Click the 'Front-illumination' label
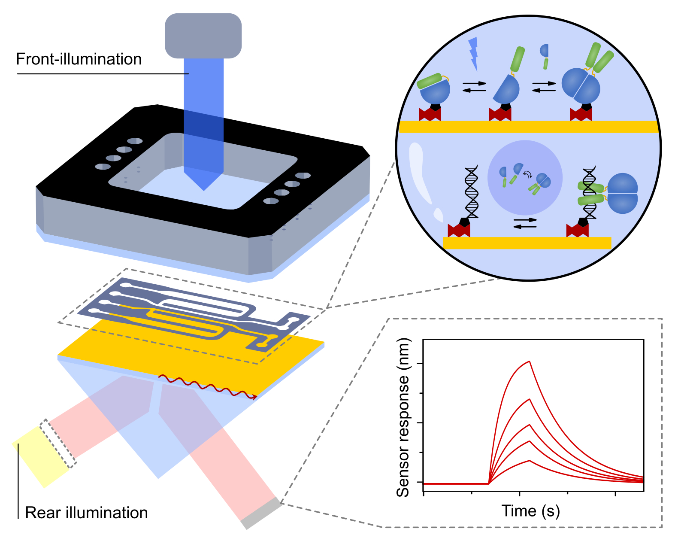pyautogui.click(x=79, y=59)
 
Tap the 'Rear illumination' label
pyautogui.click(x=86, y=513)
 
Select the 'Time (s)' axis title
pyautogui.click(x=530, y=511)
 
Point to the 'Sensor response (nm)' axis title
pyautogui.click(x=403, y=417)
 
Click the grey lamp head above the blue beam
pyautogui.click(x=203, y=36)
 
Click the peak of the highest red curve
pyautogui.click(x=530, y=362)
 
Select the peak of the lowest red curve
pyautogui.click(x=530, y=461)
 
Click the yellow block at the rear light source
pyautogui.click(x=40, y=457)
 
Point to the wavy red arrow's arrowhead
pyautogui.click(x=255, y=397)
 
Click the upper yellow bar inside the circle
pyautogui.click(x=528, y=127)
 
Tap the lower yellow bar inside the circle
pyautogui.click(x=527, y=243)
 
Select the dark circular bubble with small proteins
pyautogui.click(x=525, y=178)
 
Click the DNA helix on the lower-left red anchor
pyautogui.click(x=471, y=192)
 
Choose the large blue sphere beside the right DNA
pyautogui.click(x=623, y=193)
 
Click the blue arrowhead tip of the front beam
pyautogui.click(x=204, y=189)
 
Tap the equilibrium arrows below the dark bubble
pyautogui.click(x=525, y=223)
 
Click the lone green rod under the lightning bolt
pyautogui.click(x=545, y=64)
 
